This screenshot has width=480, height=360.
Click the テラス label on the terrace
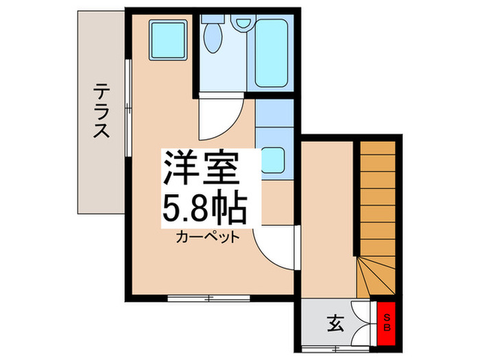click(x=101, y=110)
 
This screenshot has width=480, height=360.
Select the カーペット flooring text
click(x=207, y=238)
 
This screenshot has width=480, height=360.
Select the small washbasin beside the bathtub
click(x=241, y=22)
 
